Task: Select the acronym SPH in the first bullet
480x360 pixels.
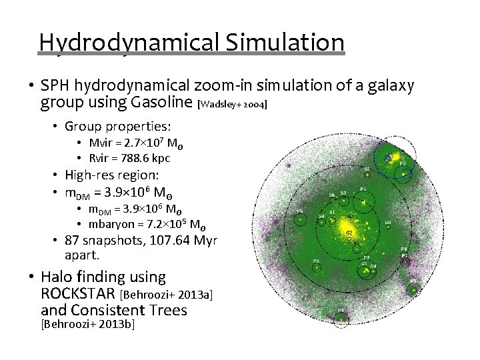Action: [56, 86]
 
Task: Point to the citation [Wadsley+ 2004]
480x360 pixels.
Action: [233, 105]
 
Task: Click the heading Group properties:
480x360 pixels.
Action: [117, 126]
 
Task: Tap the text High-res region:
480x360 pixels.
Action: [112, 175]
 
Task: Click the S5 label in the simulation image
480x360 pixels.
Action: [367, 169]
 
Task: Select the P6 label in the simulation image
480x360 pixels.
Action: [300, 211]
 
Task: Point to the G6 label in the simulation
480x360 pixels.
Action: [388, 223]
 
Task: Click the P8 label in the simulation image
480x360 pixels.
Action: [316, 261]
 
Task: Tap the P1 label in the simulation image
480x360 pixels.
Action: [363, 189]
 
